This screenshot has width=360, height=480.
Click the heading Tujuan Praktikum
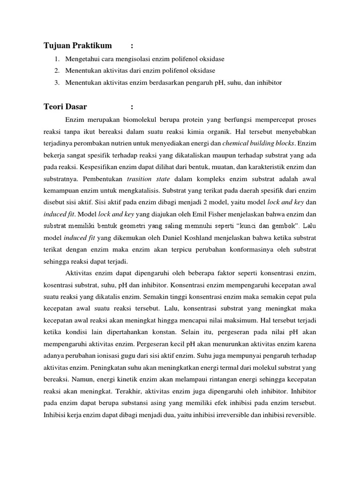pos(78,45)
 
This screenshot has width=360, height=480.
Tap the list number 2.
pos(56,71)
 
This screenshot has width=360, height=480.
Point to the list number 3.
pos(56,82)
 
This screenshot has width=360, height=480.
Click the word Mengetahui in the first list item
pos(83,59)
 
